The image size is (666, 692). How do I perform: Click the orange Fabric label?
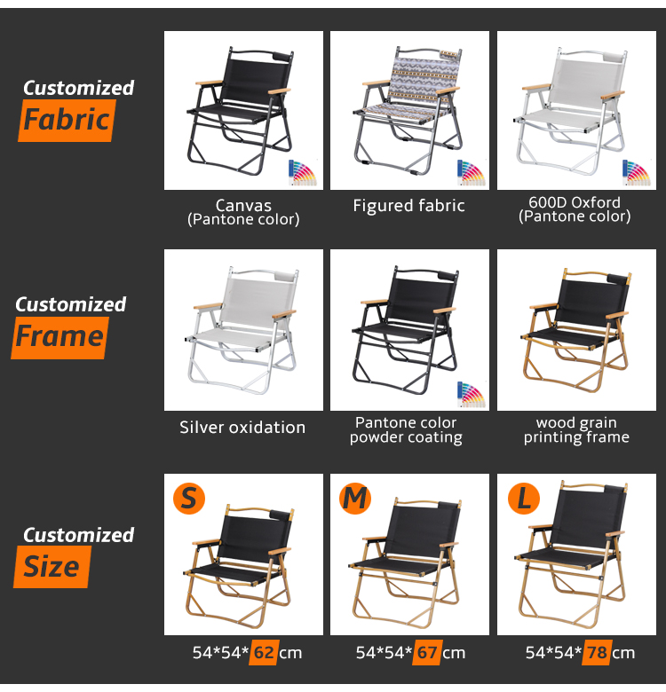(x=67, y=120)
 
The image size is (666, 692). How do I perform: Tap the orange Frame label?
(x=59, y=338)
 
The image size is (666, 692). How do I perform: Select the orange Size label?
(x=52, y=567)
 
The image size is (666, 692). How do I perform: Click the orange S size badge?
(x=189, y=499)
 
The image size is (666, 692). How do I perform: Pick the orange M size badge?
(x=355, y=499)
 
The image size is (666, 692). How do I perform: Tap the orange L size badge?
(x=524, y=499)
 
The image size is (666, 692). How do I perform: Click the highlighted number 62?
(x=264, y=652)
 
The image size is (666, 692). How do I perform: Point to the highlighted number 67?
(x=427, y=652)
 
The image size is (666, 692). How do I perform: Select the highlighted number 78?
(x=597, y=652)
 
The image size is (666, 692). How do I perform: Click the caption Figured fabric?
(x=408, y=206)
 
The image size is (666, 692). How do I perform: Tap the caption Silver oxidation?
(x=242, y=428)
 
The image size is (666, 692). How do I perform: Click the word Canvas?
(x=243, y=205)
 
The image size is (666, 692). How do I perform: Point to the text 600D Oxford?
(x=575, y=202)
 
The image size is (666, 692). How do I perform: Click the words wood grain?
(x=576, y=423)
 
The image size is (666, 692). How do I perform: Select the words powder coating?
(x=406, y=437)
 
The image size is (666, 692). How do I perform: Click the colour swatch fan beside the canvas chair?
(x=303, y=173)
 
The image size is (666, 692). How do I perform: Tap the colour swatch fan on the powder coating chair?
(x=471, y=394)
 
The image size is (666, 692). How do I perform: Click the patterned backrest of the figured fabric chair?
(x=423, y=80)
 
